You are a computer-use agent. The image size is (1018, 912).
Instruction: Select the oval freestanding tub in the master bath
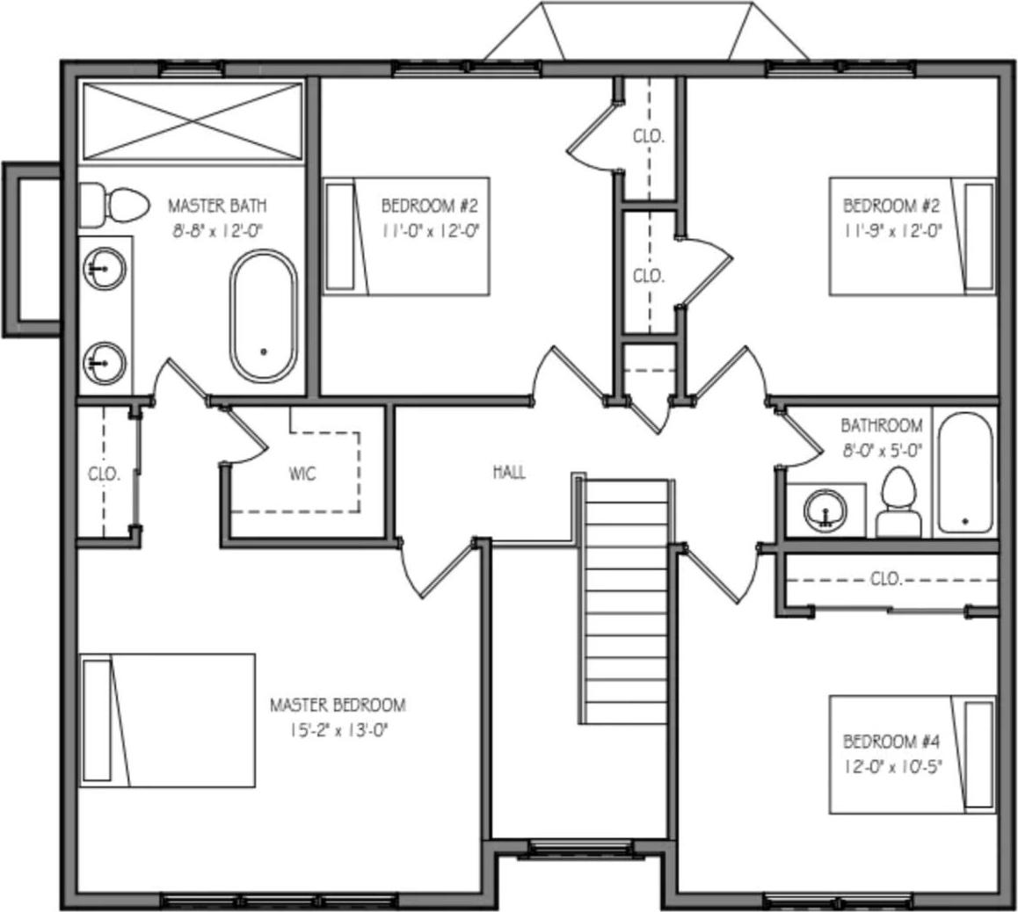pos(264,316)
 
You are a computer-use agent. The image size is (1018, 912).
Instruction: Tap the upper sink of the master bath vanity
pos(104,268)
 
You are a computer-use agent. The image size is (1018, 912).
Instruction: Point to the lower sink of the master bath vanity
pos(104,362)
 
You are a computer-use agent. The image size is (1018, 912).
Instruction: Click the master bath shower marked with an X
pos(192,121)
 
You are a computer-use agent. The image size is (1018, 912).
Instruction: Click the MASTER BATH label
pos(216,206)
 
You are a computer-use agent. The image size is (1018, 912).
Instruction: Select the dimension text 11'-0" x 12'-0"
pos(429,230)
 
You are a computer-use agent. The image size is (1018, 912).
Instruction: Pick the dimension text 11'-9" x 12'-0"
pos(891,230)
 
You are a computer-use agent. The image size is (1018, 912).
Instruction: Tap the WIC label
pos(302,474)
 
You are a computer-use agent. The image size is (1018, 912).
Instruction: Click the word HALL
pos(509,473)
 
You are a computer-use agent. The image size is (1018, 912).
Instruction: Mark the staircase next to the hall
pos(626,601)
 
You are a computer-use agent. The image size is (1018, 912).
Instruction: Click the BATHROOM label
pos(882,426)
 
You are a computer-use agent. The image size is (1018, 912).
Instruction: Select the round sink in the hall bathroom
pos(825,510)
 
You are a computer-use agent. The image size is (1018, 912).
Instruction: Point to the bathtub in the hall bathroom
pos(964,474)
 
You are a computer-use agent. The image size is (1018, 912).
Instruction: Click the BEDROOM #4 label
pos(891,741)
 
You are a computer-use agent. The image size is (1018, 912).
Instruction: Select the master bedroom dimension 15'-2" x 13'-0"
pos(338,728)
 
